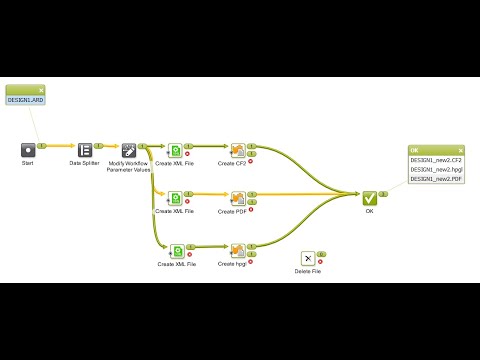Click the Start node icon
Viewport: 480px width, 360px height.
(x=28, y=149)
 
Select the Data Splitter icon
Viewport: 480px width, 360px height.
(x=85, y=149)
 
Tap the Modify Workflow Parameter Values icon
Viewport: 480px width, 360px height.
(x=128, y=149)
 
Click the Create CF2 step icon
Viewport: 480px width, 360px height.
(x=238, y=150)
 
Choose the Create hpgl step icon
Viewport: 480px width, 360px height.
(x=238, y=251)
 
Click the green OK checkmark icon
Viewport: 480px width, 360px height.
(x=369, y=198)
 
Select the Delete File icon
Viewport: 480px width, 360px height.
(x=308, y=258)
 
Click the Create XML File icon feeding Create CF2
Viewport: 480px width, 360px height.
(x=176, y=150)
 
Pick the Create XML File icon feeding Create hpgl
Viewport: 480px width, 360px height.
(x=176, y=251)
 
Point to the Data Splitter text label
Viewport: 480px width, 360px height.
(x=85, y=163)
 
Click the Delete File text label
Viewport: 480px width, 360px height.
(x=308, y=271)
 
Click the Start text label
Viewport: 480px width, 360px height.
(x=28, y=163)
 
